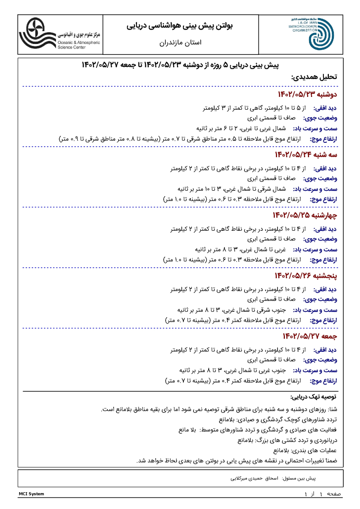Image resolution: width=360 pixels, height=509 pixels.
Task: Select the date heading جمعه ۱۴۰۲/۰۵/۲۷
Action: (310, 337)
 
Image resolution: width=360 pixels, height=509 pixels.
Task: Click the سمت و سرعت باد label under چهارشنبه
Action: (315, 250)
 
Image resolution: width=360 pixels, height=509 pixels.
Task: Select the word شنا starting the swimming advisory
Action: (333, 410)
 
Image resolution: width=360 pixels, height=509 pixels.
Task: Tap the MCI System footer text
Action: (31, 494)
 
